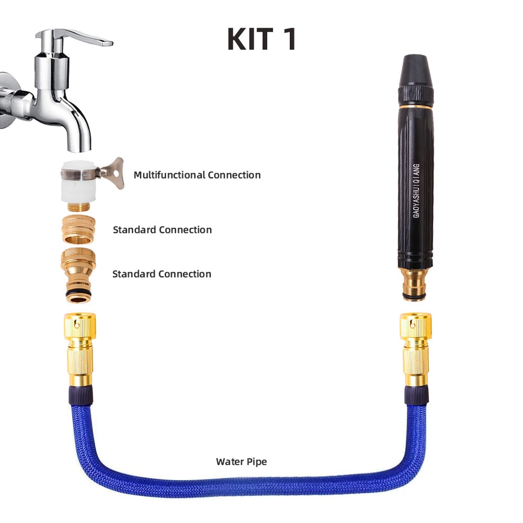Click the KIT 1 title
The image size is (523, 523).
[261, 39]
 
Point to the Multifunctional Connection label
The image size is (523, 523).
[197, 175]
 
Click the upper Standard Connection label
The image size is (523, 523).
[162, 230]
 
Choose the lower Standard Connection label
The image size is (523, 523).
[162, 274]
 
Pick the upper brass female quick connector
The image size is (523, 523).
[78, 229]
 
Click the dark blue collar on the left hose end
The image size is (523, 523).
[79, 395]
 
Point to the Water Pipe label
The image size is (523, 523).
[241, 462]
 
